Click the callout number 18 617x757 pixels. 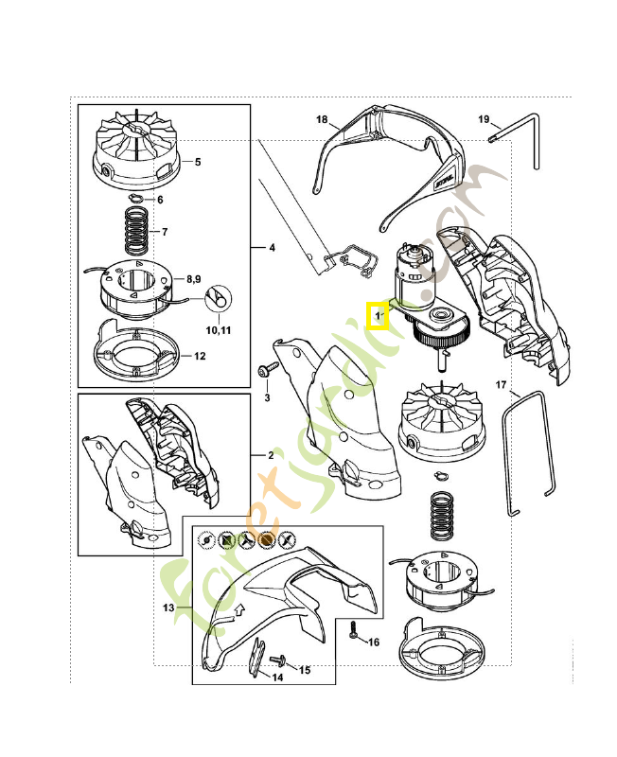coord(322,120)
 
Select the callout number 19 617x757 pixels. coord(484,120)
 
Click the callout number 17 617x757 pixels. coord(502,385)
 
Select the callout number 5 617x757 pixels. coord(198,162)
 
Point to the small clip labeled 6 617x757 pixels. coord(136,199)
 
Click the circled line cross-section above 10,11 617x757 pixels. coord(217,296)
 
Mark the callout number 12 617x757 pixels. coord(200,357)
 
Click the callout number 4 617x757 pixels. coord(272,248)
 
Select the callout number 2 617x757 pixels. coord(270,455)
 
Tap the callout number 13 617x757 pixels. coord(169,608)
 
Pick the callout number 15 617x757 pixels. coord(304,670)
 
